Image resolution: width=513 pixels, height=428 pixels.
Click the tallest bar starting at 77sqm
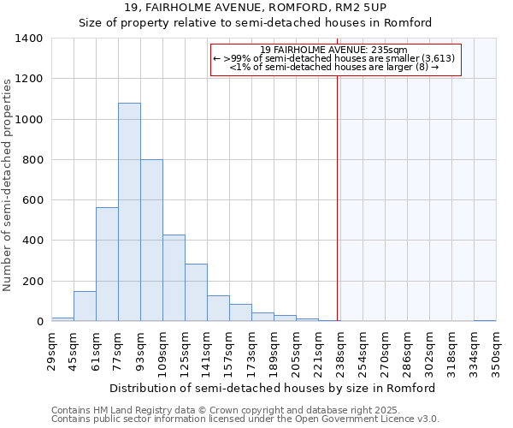[x=129, y=212]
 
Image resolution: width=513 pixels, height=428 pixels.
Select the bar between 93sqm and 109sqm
[x=151, y=241]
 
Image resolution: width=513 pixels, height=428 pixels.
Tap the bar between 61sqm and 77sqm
[x=107, y=265]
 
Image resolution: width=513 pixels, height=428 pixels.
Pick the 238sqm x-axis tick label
[x=341, y=350]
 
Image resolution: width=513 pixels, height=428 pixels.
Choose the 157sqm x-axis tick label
[x=230, y=350]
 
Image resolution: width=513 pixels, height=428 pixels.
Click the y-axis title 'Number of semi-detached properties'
[x=9, y=184]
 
